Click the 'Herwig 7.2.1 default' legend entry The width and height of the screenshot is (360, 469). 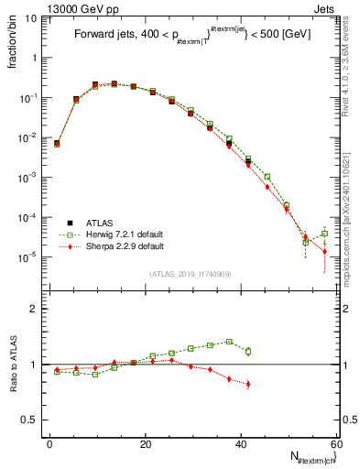click(x=119, y=234)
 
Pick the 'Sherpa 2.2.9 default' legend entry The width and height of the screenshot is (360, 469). click(x=119, y=246)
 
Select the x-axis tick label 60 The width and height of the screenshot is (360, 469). click(x=335, y=444)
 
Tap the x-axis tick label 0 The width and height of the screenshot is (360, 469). click(x=49, y=444)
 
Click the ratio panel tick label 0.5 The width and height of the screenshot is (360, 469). click(x=33, y=420)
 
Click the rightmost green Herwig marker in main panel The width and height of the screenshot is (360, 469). click(x=324, y=234)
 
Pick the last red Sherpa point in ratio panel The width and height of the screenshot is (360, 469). click(x=248, y=384)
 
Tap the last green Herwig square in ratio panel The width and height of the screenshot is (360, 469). click(x=248, y=351)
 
